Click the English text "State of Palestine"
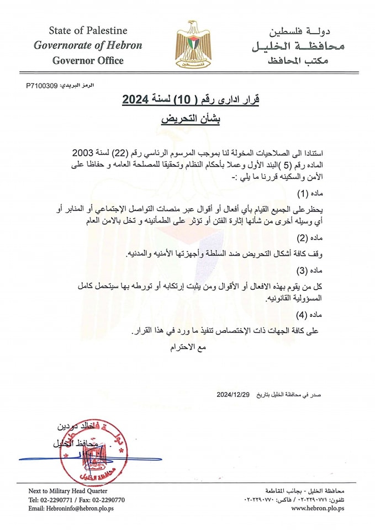click(x=88, y=30)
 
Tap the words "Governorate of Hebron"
click(x=88, y=45)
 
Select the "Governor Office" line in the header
click(x=88, y=60)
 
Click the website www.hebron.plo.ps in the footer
click(x=318, y=508)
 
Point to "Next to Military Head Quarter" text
click(x=68, y=491)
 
